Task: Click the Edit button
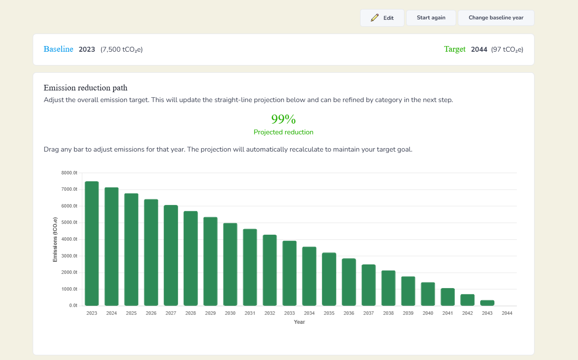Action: (x=382, y=18)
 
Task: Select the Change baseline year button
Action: (x=496, y=18)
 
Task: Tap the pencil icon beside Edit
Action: (x=375, y=18)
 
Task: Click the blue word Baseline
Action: (x=59, y=50)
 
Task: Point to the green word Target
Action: (x=455, y=50)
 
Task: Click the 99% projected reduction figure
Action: (x=283, y=119)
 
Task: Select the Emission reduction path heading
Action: (x=86, y=88)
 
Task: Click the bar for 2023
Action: (x=92, y=243)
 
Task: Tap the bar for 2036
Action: (x=349, y=282)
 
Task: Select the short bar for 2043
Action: (x=487, y=303)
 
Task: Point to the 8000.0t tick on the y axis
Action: (x=69, y=173)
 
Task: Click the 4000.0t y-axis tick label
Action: (x=69, y=239)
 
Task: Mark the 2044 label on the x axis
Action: (x=507, y=313)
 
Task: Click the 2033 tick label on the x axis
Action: (x=289, y=313)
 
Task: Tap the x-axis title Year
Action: (x=299, y=322)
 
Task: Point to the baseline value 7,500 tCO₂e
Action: (x=121, y=50)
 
